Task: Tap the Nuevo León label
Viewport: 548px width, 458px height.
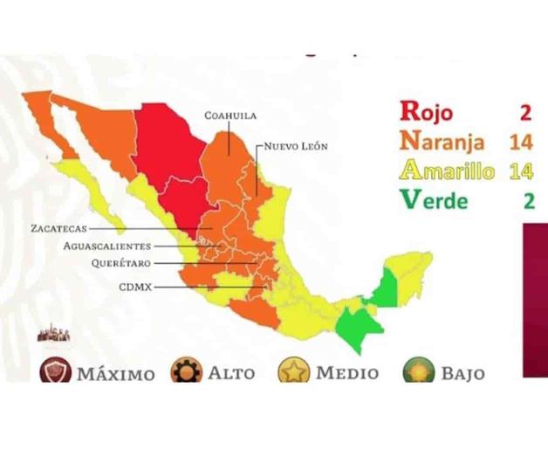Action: pos(295,147)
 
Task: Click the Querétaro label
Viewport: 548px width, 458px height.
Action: pos(123,263)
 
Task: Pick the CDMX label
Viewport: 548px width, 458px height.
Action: pos(136,286)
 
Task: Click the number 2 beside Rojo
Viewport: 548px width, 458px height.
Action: pos(527,110)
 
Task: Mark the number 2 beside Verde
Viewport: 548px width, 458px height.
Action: pos(528,200)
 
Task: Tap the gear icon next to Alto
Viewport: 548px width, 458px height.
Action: pos(185,371)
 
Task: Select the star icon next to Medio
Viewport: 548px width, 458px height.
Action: pos(294,372)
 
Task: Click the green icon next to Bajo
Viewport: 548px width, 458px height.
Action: pos(418,372)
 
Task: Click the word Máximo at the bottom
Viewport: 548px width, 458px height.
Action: pos(116,374)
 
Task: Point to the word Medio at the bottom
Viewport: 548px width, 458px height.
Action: pos(347,373)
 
